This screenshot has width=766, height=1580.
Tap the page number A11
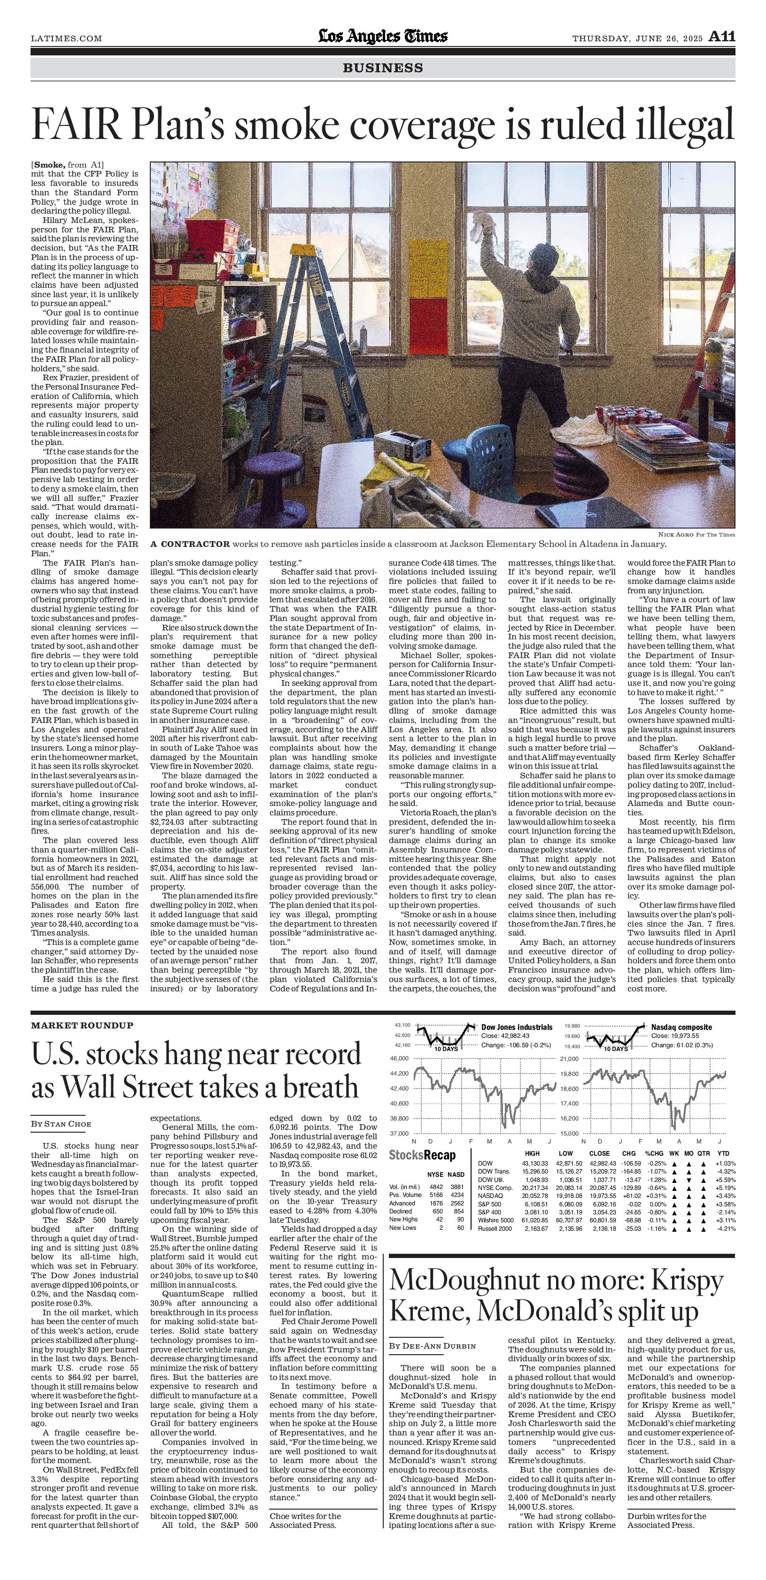(x=722, y=37)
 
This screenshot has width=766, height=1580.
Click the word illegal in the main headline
(x=681, y=125)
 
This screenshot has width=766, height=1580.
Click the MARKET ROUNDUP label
(x=82, y=1025)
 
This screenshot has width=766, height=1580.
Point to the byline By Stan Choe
(x=62, y=1124)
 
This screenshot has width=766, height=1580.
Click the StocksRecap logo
(x=422, y=1155)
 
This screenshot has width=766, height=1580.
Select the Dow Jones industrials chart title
(x=517, y=1027)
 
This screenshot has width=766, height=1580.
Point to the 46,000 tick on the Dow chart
(x=400, y=1058)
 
